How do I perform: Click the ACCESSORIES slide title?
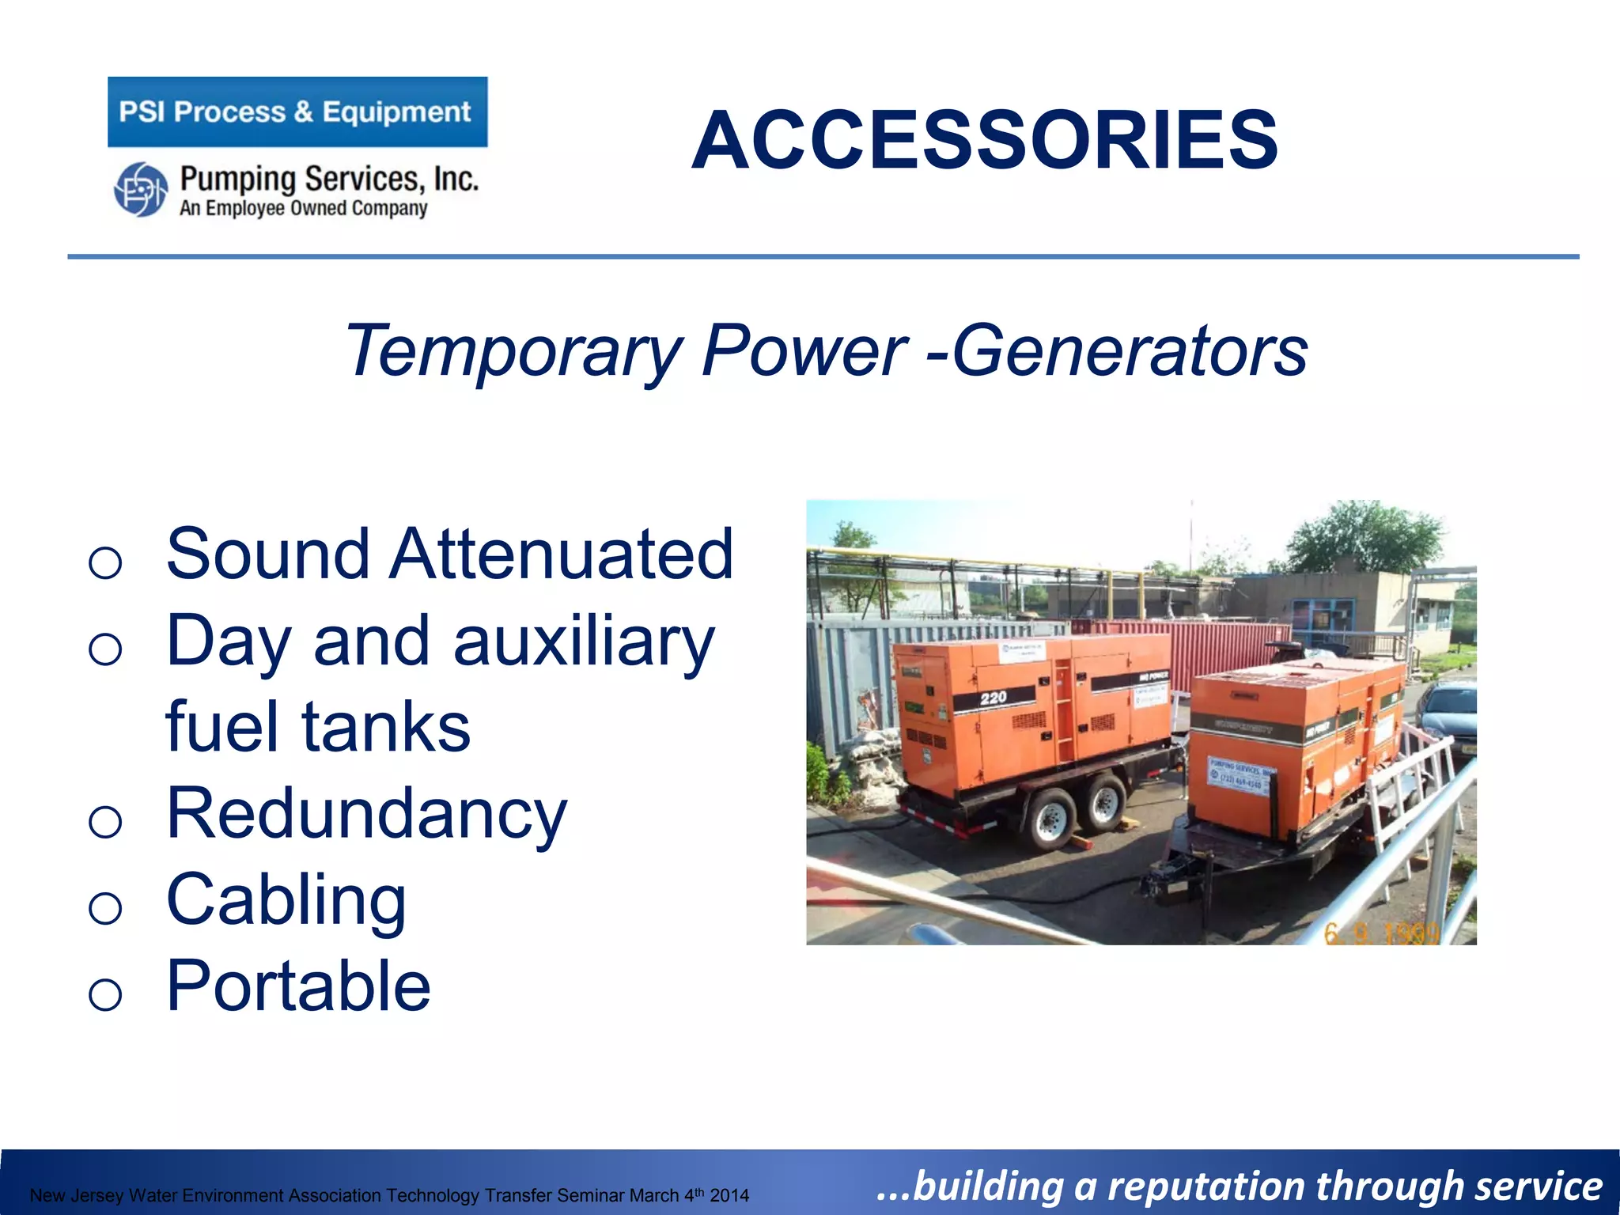click(984, 141)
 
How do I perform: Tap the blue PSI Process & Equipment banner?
click(297, 112)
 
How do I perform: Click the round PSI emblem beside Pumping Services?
click(140, 189)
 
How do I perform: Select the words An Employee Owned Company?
click(303, 209)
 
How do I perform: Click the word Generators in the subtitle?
click(1130, 350)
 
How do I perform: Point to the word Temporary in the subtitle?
click(514, 350)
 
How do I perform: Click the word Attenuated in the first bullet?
click(561, 554)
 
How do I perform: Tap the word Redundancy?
click(366, 814)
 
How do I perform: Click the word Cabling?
click(286, 900)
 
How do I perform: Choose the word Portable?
click(298, 986)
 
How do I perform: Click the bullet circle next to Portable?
click(105, 994)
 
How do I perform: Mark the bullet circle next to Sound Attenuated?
click(105, 562)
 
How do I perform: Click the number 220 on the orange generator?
click(994, 698)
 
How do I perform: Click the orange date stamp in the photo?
click(1380, 933)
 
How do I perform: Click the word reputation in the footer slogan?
click(1206, 1187)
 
